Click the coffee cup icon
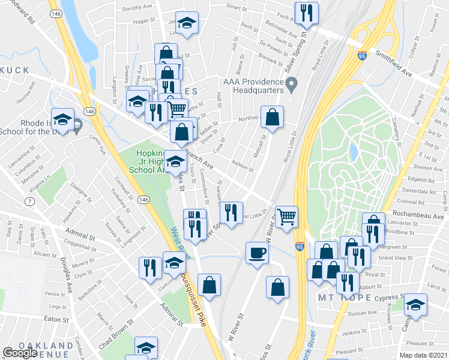pyautogui.click(x=257, y=252)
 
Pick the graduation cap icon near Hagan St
pyautogui.click(x=187, y=23)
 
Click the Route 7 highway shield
pyautogui.click(x=28, y=200)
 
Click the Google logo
pyautogui.click(x=20, y=353)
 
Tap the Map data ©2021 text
pyautogui.click(x=424, y=355)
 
